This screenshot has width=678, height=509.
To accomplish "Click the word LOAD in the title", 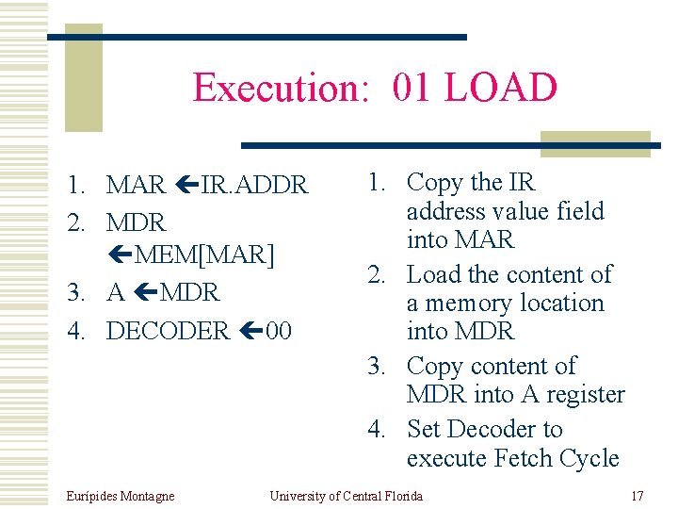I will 501,88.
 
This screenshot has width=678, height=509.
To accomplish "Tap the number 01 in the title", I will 413,88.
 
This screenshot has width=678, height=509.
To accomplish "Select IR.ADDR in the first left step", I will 254,186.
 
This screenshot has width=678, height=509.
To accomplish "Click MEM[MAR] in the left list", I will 203,255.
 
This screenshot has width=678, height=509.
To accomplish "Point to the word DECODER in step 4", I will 168,331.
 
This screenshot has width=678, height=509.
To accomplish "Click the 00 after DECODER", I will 279,331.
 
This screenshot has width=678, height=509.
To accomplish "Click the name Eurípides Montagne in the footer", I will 121,496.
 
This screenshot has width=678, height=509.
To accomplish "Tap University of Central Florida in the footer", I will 347,496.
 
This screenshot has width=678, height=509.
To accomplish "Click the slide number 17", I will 637,496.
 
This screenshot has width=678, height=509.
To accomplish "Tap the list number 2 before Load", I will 377,274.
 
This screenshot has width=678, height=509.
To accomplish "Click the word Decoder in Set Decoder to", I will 492,429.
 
